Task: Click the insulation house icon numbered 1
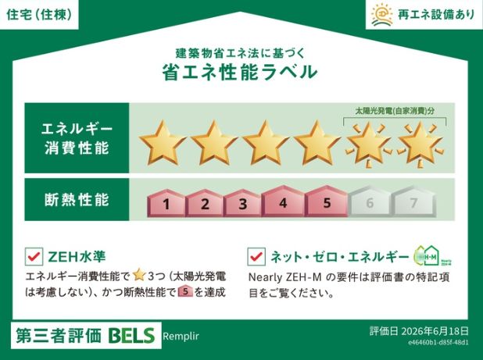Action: tap(166, 203)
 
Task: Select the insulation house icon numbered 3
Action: tap(243, 203)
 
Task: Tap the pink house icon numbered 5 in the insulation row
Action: tap(326, 201)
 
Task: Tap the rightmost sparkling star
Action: tap(420, 144)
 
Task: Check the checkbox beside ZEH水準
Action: tap(34, 256)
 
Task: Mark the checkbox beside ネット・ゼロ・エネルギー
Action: tap(256, 256)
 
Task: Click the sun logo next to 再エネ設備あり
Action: tap(381, 15)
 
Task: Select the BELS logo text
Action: tap(131, 335)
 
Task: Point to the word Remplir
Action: tap(181, 337)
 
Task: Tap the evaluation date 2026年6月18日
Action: tap(435, 331)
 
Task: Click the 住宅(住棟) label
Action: tap(39, 15)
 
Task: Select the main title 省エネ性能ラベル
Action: tap(240, 73)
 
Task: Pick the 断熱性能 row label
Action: tap(77, 200)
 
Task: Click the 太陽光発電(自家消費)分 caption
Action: tap(395, 111)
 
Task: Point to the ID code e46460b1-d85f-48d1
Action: tap(438, 343)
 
